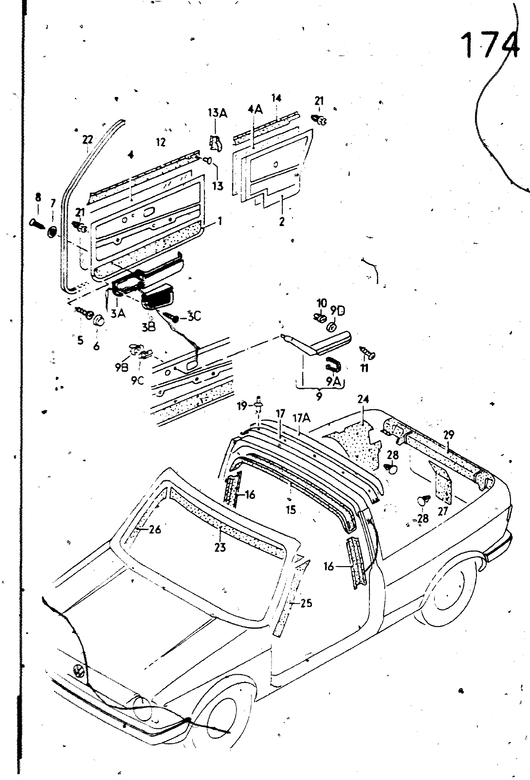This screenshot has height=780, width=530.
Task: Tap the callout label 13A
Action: (218, 114)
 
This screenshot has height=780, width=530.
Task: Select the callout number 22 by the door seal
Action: (87, 140)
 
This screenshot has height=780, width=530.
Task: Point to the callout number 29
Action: (448, 435)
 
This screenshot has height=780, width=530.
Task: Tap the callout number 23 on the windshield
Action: (220, 548)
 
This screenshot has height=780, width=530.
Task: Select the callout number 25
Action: (306, 603)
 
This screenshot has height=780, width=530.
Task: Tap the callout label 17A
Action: (300, 418)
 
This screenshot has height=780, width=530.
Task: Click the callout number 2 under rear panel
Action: (281, 222)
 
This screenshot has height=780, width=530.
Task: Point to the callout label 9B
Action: (122, 368)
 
